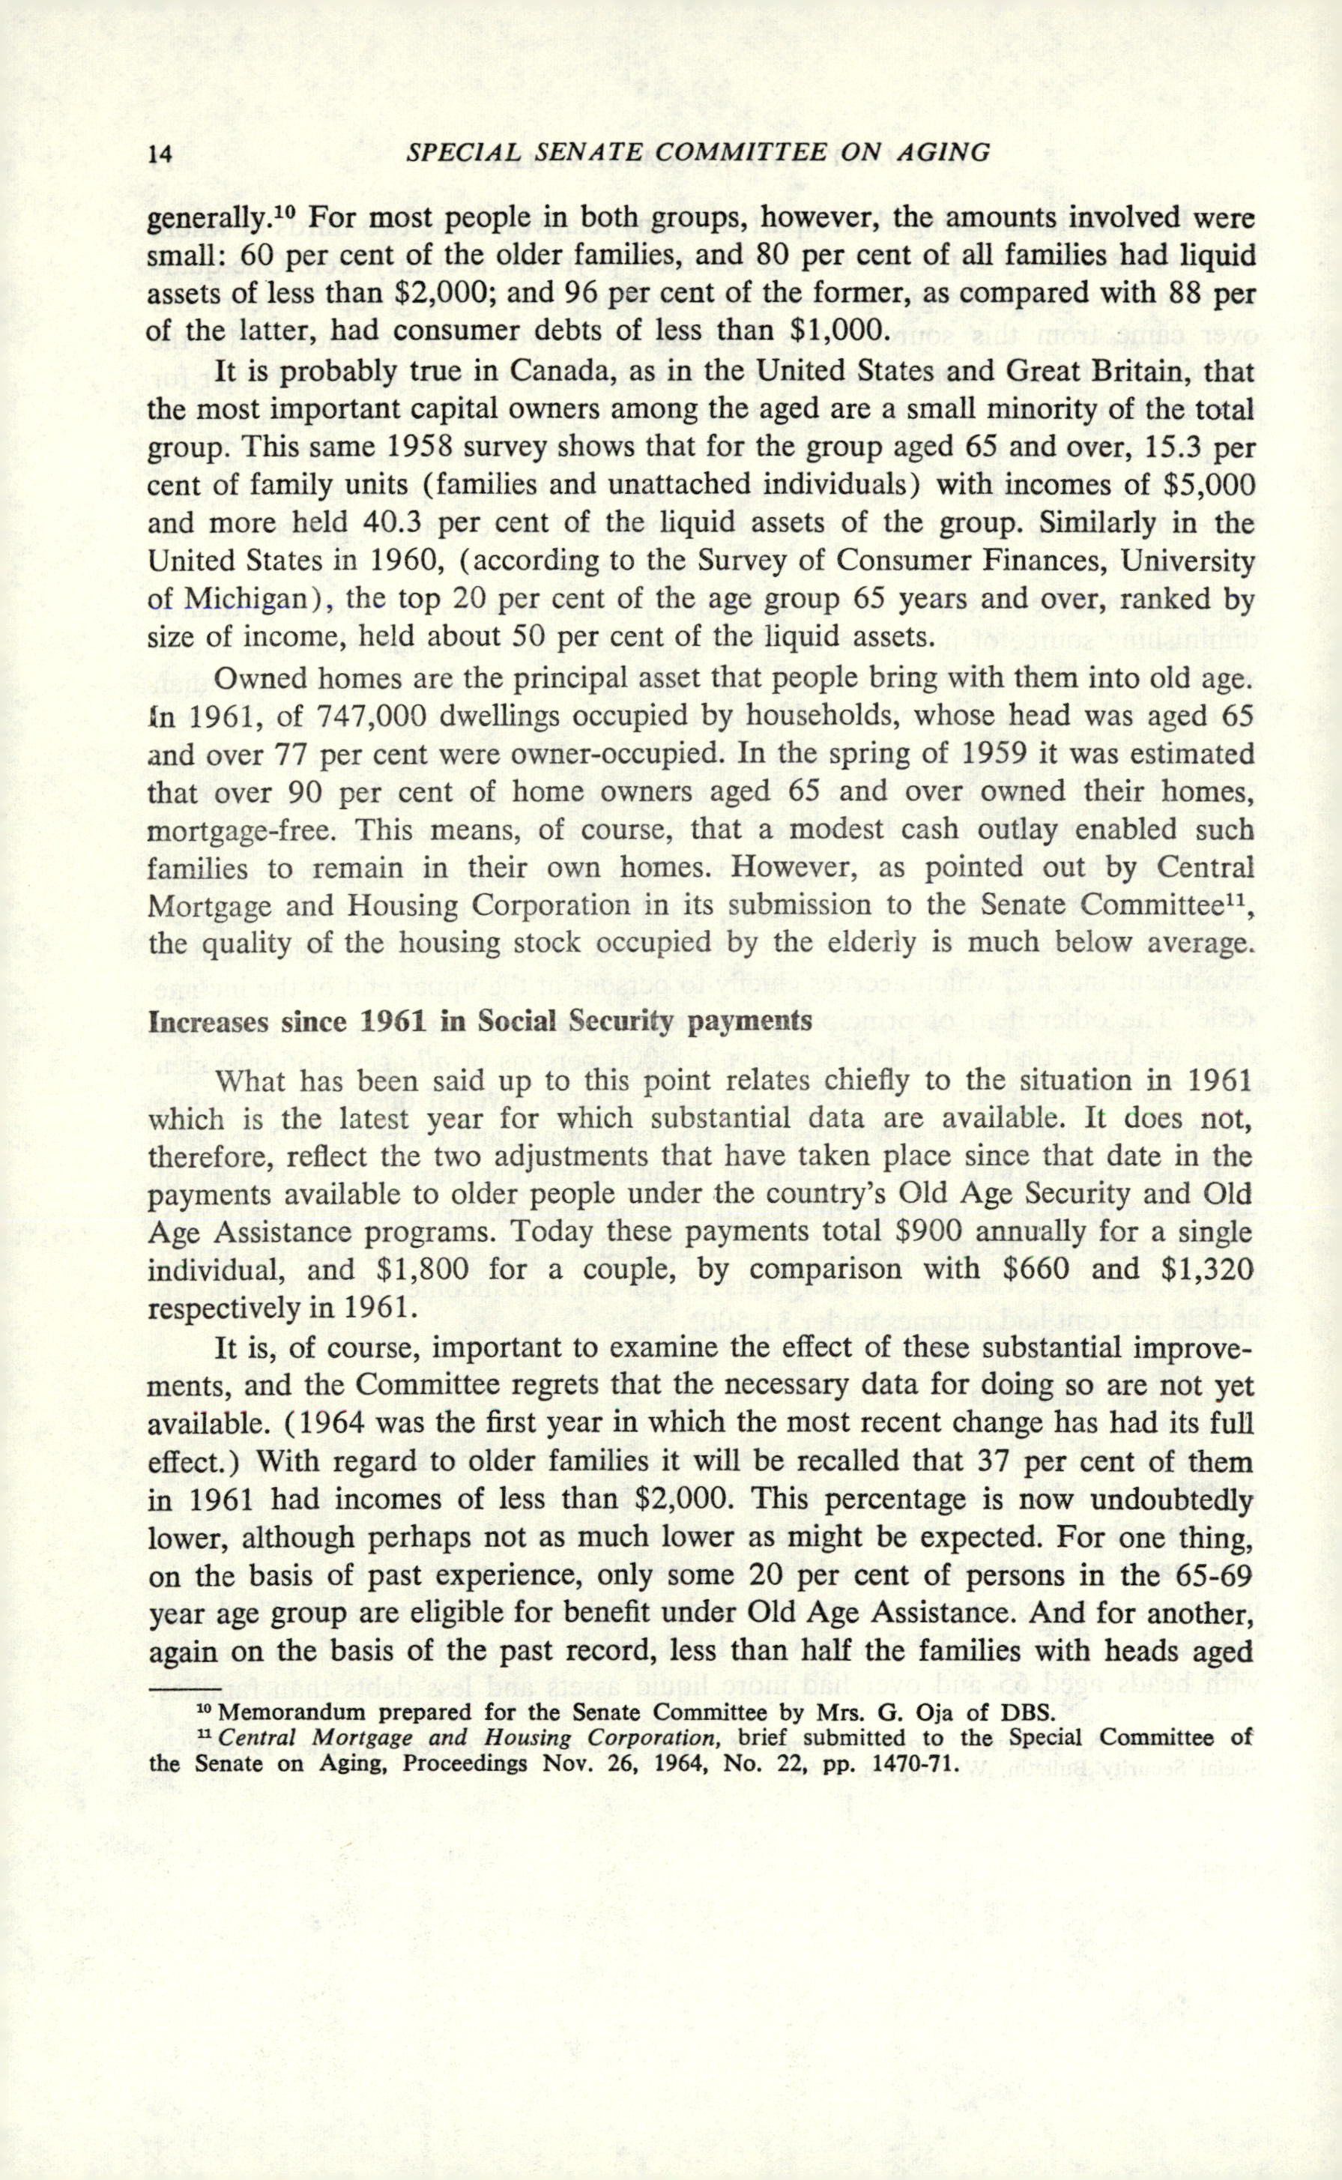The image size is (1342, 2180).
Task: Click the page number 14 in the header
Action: tap(160, 154)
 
